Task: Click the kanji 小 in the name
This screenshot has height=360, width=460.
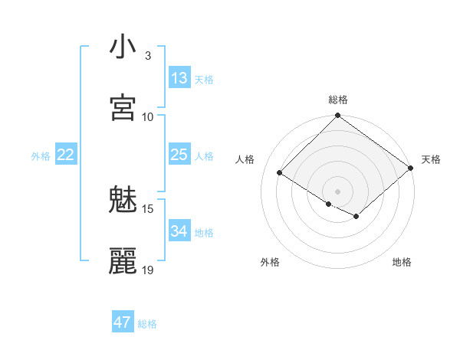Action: (x=123, y=47)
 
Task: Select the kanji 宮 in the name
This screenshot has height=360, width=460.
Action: (x=123, y=108)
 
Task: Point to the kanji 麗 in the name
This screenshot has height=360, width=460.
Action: (x=123, y=261)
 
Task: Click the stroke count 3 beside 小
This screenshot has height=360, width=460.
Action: (x=148, y=56)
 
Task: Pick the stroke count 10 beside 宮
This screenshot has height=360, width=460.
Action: (x=148, y=116)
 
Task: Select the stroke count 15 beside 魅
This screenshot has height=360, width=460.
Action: (x=148, y=208)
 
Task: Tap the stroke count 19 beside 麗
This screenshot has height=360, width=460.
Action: (x=148, y=270)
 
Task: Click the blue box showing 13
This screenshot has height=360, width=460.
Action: (x=179, y=78)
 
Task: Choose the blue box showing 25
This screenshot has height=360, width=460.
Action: (x=179, y=155)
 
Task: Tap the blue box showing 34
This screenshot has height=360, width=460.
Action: (x=179, y=231)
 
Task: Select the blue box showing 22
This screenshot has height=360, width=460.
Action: (x=66, y=155)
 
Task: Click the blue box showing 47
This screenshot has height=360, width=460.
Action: (x=123, y=322)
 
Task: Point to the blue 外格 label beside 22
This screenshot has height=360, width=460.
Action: (x=41, y=156)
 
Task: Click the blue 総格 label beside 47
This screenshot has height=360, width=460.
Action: (x=147, y=324)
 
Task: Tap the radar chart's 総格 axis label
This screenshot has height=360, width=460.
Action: (x=338, y=100)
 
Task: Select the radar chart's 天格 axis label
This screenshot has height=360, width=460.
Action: (x=431, y=159)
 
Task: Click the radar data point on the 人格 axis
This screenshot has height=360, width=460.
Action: (x=281, y=172)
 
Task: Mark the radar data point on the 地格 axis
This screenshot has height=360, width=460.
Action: (x=356, y=217)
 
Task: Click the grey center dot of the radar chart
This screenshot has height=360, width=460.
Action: (x=338, y=191)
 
